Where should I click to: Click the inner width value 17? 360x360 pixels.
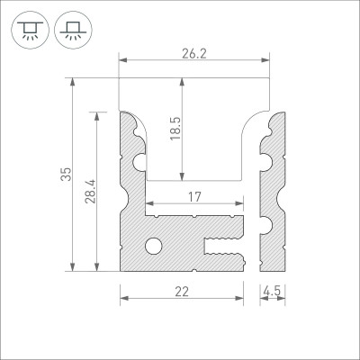[x=194, y=197]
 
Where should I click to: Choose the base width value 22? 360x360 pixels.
[x=182, y=291]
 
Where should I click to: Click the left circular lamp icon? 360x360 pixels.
[x=30, y=29]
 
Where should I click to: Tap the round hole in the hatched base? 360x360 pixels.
[x=154, y=245]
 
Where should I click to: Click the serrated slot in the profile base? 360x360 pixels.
[x=225, y=243]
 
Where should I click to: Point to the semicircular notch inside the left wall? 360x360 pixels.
[x=139, y=162]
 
